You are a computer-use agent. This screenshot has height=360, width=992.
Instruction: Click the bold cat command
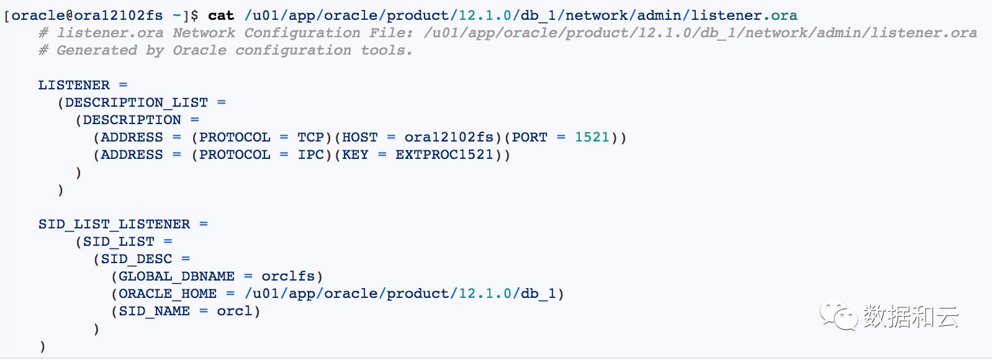pyautogui.click(x=221, y=16)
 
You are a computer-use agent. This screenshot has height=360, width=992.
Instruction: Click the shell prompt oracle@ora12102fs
pyautogui.click(x=87, y=16)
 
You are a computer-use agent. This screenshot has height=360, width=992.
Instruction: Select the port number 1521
pyautogui.click(x=592, y=137)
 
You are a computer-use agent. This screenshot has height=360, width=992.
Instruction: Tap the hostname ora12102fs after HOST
pyautogui.click(x=448, y=137)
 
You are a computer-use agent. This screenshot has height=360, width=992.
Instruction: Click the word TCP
pyautogui.click(x=310, y=137)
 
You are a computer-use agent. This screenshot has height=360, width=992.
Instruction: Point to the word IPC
pyautogui.click(x=310, y=155)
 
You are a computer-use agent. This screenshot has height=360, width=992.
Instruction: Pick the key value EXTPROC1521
pyautogui.click(x=444, y=155)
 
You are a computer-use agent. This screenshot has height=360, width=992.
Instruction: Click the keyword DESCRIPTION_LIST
pyautogui.click(x=136, y=102)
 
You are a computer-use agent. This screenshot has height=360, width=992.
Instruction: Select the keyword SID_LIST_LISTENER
pyautogui.click(x=114, y=224)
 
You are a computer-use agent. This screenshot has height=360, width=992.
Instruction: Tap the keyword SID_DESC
pyautogui.click(x=136, y=259)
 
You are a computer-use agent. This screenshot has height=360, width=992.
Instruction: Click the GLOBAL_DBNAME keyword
pyautogui.click(x=176, y=276)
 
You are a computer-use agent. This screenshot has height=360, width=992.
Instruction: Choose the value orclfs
pyautogui.click(x=288, y=276)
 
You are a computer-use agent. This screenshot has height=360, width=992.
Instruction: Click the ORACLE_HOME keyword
pyautogui.click(x=168, y=294)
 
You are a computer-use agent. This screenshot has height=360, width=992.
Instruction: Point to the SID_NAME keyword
pyautogui.click(x=154, y=311)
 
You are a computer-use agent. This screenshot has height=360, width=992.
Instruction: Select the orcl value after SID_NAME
pyautogui.click(x=235, y=311)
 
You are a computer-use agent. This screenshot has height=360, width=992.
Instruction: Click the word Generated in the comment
pyautogui.click(x=96, y=50)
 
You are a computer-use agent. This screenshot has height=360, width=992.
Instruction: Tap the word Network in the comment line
pyautogui.click(x=204, y=33)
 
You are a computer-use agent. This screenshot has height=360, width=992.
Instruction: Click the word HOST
pyautogui.click(x=360, y=137)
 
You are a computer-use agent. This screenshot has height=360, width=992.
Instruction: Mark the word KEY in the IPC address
pyautogui.click(x=355, y=155)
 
